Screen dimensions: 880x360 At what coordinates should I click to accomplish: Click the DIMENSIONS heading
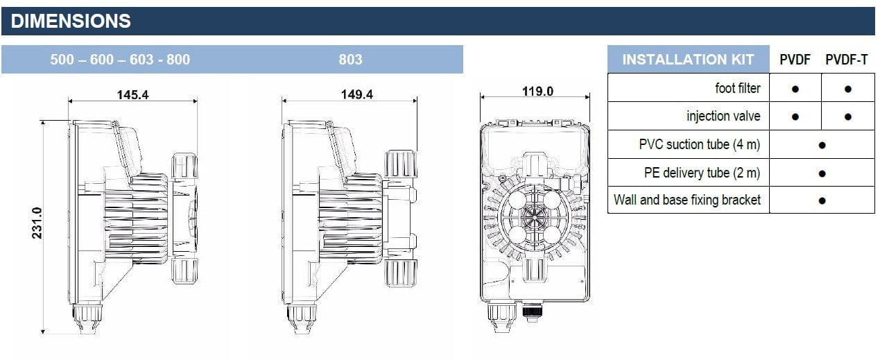[71, 21]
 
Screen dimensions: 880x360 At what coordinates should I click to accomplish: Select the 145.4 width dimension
[132, 95]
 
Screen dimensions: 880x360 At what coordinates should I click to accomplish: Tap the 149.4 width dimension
[356, 94]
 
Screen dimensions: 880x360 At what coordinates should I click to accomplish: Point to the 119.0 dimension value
[537, 91]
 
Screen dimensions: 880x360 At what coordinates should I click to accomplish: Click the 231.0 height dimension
[37, 223]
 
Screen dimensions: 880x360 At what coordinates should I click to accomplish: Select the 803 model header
[350, 60]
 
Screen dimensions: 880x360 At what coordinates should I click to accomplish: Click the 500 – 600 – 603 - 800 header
[120, 60]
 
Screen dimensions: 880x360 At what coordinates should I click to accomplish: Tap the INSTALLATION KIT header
[688, 60]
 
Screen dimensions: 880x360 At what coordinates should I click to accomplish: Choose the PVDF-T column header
[847, 60]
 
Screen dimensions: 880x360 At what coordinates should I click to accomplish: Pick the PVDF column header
[795, 60]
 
